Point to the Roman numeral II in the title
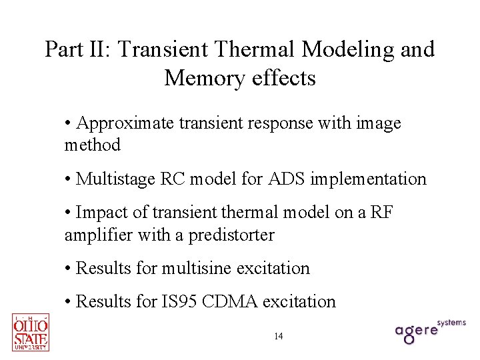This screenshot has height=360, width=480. [97, 49]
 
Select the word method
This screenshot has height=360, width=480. [93, 145]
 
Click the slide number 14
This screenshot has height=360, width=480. [278, 336]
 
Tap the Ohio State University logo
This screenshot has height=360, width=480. [31, 332]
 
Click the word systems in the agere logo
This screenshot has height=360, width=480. [453, 323]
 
